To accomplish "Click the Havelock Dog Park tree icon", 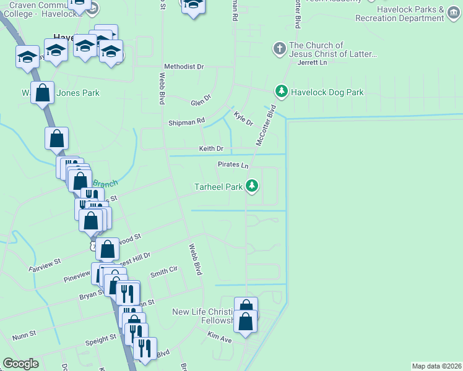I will (282, 92).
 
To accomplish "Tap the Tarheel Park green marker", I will (252, 185).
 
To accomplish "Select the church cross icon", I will (279, 48).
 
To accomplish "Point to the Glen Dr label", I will (201, 100).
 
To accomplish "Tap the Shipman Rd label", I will (186, 122).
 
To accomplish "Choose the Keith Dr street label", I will (211, 149).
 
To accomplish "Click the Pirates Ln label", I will (233, 165).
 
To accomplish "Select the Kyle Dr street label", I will (243, 118).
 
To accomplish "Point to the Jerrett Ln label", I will (312, 62).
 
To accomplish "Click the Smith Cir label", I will (164, 271).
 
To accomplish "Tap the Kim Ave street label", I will (220, 339).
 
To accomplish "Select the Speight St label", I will (101, 339).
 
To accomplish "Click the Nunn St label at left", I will (24, 338).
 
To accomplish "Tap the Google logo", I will (21, 364).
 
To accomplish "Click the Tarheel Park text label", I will (218, 186).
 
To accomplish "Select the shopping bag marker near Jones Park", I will (42, 93).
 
